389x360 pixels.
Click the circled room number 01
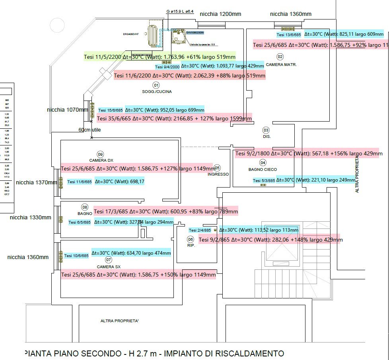tap(156, 85)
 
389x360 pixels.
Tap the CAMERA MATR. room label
tap(281, 64)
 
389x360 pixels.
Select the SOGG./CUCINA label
tap(157, 92)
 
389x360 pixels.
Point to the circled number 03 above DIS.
tap(266, 130)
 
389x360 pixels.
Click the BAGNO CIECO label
tap(263, 170)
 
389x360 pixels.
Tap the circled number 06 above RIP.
tap(191, 239)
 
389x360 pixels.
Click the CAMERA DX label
tap(100, 161)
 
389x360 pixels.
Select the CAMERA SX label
tap(109, 267)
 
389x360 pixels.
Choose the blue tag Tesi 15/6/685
tap(111, 110)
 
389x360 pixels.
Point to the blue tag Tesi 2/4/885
tap(200, 230)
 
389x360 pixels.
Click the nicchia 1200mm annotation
tap(220, 14)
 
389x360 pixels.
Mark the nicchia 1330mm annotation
tap(31, 217)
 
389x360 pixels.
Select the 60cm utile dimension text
tap(90, 130)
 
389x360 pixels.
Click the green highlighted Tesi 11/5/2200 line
tap(159, 57)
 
